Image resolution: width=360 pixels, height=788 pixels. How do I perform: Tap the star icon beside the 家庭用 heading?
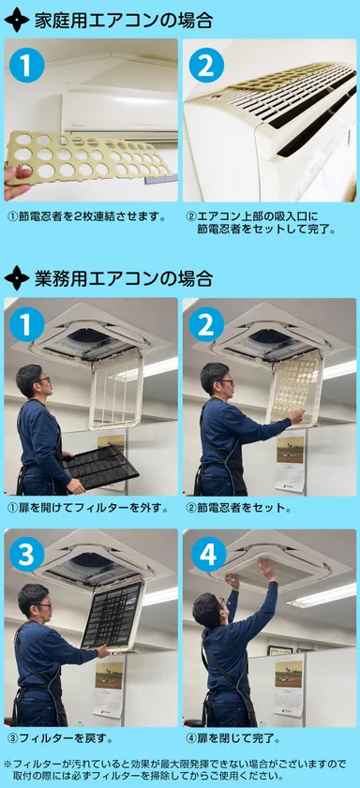click(x=17, y=20)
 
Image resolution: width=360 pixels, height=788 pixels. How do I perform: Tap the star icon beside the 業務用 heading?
click(x=17, y=278)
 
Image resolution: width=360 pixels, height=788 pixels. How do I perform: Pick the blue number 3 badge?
click(x=29, y=555)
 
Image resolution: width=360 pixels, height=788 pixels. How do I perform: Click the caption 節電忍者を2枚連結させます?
click(x=86, y=216)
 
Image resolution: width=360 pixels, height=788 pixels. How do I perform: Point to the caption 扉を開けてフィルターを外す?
click(x=88, y=508)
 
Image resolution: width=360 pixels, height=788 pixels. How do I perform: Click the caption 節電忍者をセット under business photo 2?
click(x=238, y=508)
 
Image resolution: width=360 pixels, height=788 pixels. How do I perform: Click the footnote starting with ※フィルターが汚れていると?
click(x=178, y=769)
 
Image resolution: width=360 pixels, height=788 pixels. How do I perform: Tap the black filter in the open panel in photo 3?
click(x=112, y=615)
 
